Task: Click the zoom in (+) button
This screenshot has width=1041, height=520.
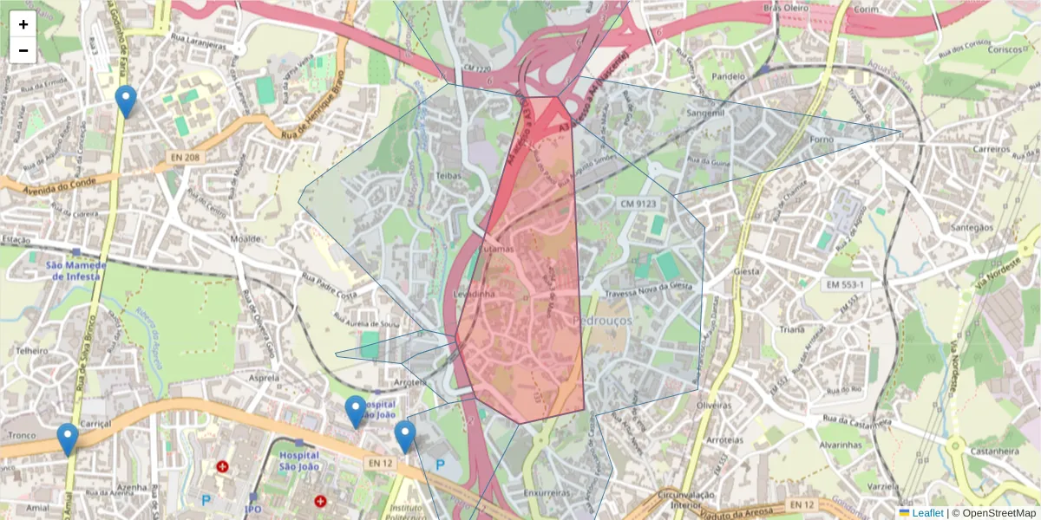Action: tap(23, 24)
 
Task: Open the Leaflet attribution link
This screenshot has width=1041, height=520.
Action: tap(927, 513)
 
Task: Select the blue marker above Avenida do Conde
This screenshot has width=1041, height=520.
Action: tap(126, 101)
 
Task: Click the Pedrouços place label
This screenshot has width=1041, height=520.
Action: tap(603, 320)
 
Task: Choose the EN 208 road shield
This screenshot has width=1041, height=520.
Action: tap(185, 158)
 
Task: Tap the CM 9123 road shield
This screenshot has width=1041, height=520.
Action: tap(638, 204)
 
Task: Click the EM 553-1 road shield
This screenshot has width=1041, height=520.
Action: tap(845, 284)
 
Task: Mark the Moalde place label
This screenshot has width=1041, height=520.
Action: tap(246, 238)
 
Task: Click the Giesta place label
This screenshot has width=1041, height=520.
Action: tap(746, 271)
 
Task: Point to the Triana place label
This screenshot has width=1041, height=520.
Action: tap(791, 330)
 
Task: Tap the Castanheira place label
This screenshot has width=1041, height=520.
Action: tap(993, 452)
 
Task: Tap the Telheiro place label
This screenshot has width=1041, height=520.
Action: tap(31, 351)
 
